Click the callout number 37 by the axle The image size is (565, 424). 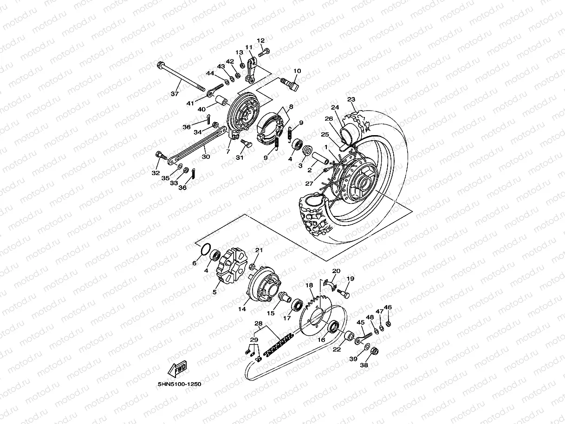175,94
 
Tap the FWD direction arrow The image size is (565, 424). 177,369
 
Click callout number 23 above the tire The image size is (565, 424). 351,99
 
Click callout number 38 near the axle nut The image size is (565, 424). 364,365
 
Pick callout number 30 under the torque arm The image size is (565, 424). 206,157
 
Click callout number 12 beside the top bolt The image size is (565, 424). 260,41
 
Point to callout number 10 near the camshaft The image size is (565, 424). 297,71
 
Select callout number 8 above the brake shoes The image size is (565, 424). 291,107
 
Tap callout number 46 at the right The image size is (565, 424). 388,307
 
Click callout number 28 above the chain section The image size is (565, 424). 259,323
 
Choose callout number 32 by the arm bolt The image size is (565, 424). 156,173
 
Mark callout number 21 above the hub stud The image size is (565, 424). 259,250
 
